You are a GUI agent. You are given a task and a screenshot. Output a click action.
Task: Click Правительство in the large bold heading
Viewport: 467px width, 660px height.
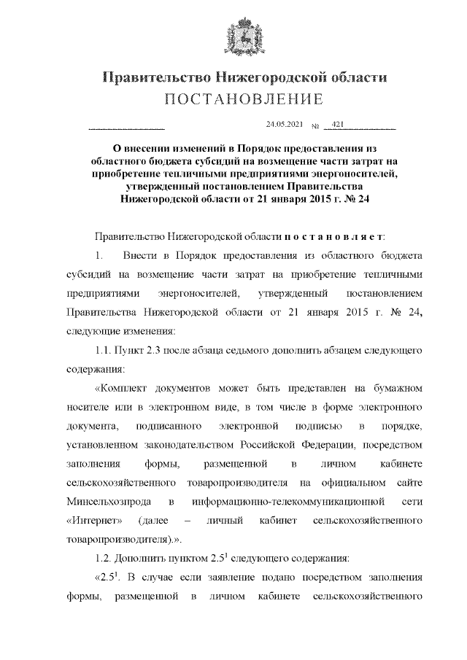(x=150, y=77)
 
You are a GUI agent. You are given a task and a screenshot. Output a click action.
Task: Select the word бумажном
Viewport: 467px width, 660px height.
(x=398, y=389)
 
